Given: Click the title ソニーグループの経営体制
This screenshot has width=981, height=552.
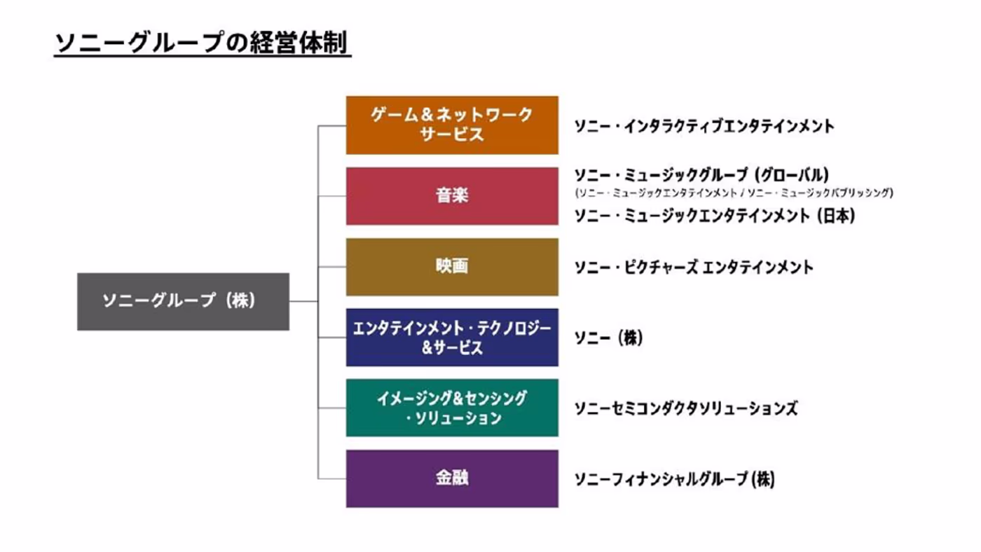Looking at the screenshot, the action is pos(202,43).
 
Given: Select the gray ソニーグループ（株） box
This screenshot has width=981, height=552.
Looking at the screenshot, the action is pos(183,302).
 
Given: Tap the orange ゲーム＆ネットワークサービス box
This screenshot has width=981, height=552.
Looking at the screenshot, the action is pos(452,125).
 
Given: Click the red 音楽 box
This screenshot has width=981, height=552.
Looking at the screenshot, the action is pos(452,196).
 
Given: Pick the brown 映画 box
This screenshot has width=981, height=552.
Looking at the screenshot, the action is pos(452,267).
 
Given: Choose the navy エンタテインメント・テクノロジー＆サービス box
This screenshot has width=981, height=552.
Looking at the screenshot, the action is pos(452,338).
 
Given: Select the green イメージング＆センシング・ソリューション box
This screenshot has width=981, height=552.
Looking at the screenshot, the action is pos(452,408).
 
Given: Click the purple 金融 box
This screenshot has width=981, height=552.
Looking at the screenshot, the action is pos(452,479).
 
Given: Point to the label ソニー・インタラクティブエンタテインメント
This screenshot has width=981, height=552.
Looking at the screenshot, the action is pos(704,127).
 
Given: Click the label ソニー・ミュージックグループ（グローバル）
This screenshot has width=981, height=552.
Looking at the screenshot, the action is pos(701,175).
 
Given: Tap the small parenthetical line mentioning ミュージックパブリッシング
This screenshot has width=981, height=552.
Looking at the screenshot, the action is pos(734,193).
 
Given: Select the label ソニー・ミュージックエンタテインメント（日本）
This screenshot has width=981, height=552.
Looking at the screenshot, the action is pos(714,216).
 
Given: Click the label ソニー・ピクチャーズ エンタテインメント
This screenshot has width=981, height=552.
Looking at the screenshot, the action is pos(694,267).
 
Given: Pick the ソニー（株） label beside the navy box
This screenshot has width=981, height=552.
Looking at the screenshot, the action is pos(608,338).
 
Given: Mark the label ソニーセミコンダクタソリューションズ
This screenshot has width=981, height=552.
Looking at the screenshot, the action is pos(686,408).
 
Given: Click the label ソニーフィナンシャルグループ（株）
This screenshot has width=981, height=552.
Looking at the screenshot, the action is pos(674,479).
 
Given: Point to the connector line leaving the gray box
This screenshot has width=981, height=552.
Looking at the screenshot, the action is pos(303,301).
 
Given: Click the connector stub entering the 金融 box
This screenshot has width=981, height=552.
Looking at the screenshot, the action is pos(332,478).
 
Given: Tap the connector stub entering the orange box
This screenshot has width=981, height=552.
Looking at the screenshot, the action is pos(332,126).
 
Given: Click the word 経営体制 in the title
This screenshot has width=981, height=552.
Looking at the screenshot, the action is pos(299,43).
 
